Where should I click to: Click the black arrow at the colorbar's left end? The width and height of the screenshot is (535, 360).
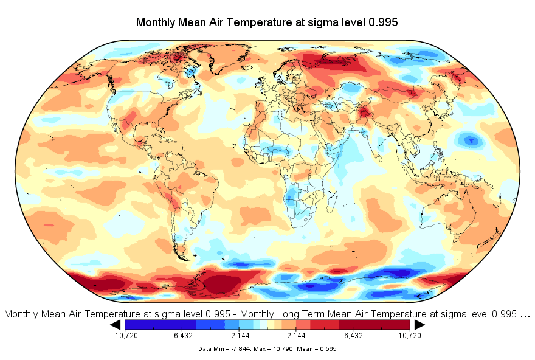coord(116,325)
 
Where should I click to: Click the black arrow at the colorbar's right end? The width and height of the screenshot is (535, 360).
coord(419,325)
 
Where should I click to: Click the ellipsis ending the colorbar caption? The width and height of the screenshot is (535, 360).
coord(525,314)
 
